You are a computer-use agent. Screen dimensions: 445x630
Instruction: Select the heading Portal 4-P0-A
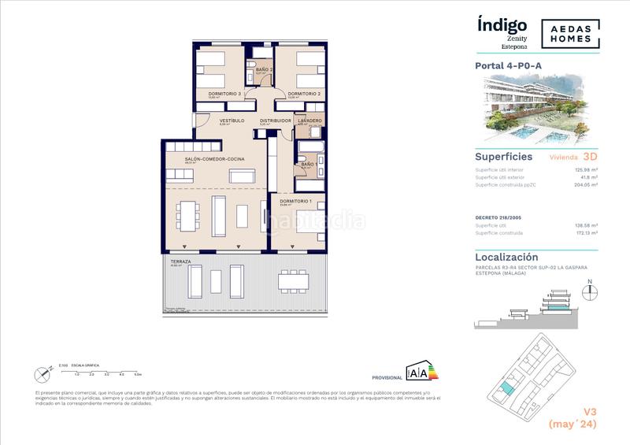coord(510,66)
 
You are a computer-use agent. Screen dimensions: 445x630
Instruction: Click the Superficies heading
coord(501,156)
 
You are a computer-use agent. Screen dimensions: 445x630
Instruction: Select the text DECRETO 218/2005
coord(498,217)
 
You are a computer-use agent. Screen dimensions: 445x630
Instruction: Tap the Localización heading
coord(506,257)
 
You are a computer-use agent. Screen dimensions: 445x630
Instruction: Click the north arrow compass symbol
coord(586,291)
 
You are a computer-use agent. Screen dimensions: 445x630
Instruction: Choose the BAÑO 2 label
coord(264,69)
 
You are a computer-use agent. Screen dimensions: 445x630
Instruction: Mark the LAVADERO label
coord(309,121)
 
